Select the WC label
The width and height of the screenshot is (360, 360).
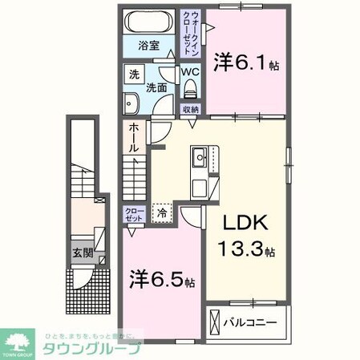190,71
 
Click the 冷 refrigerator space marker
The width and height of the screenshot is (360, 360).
162,214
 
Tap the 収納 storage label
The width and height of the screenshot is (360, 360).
190,110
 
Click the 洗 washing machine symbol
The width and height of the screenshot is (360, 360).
133,74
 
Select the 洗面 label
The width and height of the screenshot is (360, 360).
156,88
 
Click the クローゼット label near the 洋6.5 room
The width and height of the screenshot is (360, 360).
133,215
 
